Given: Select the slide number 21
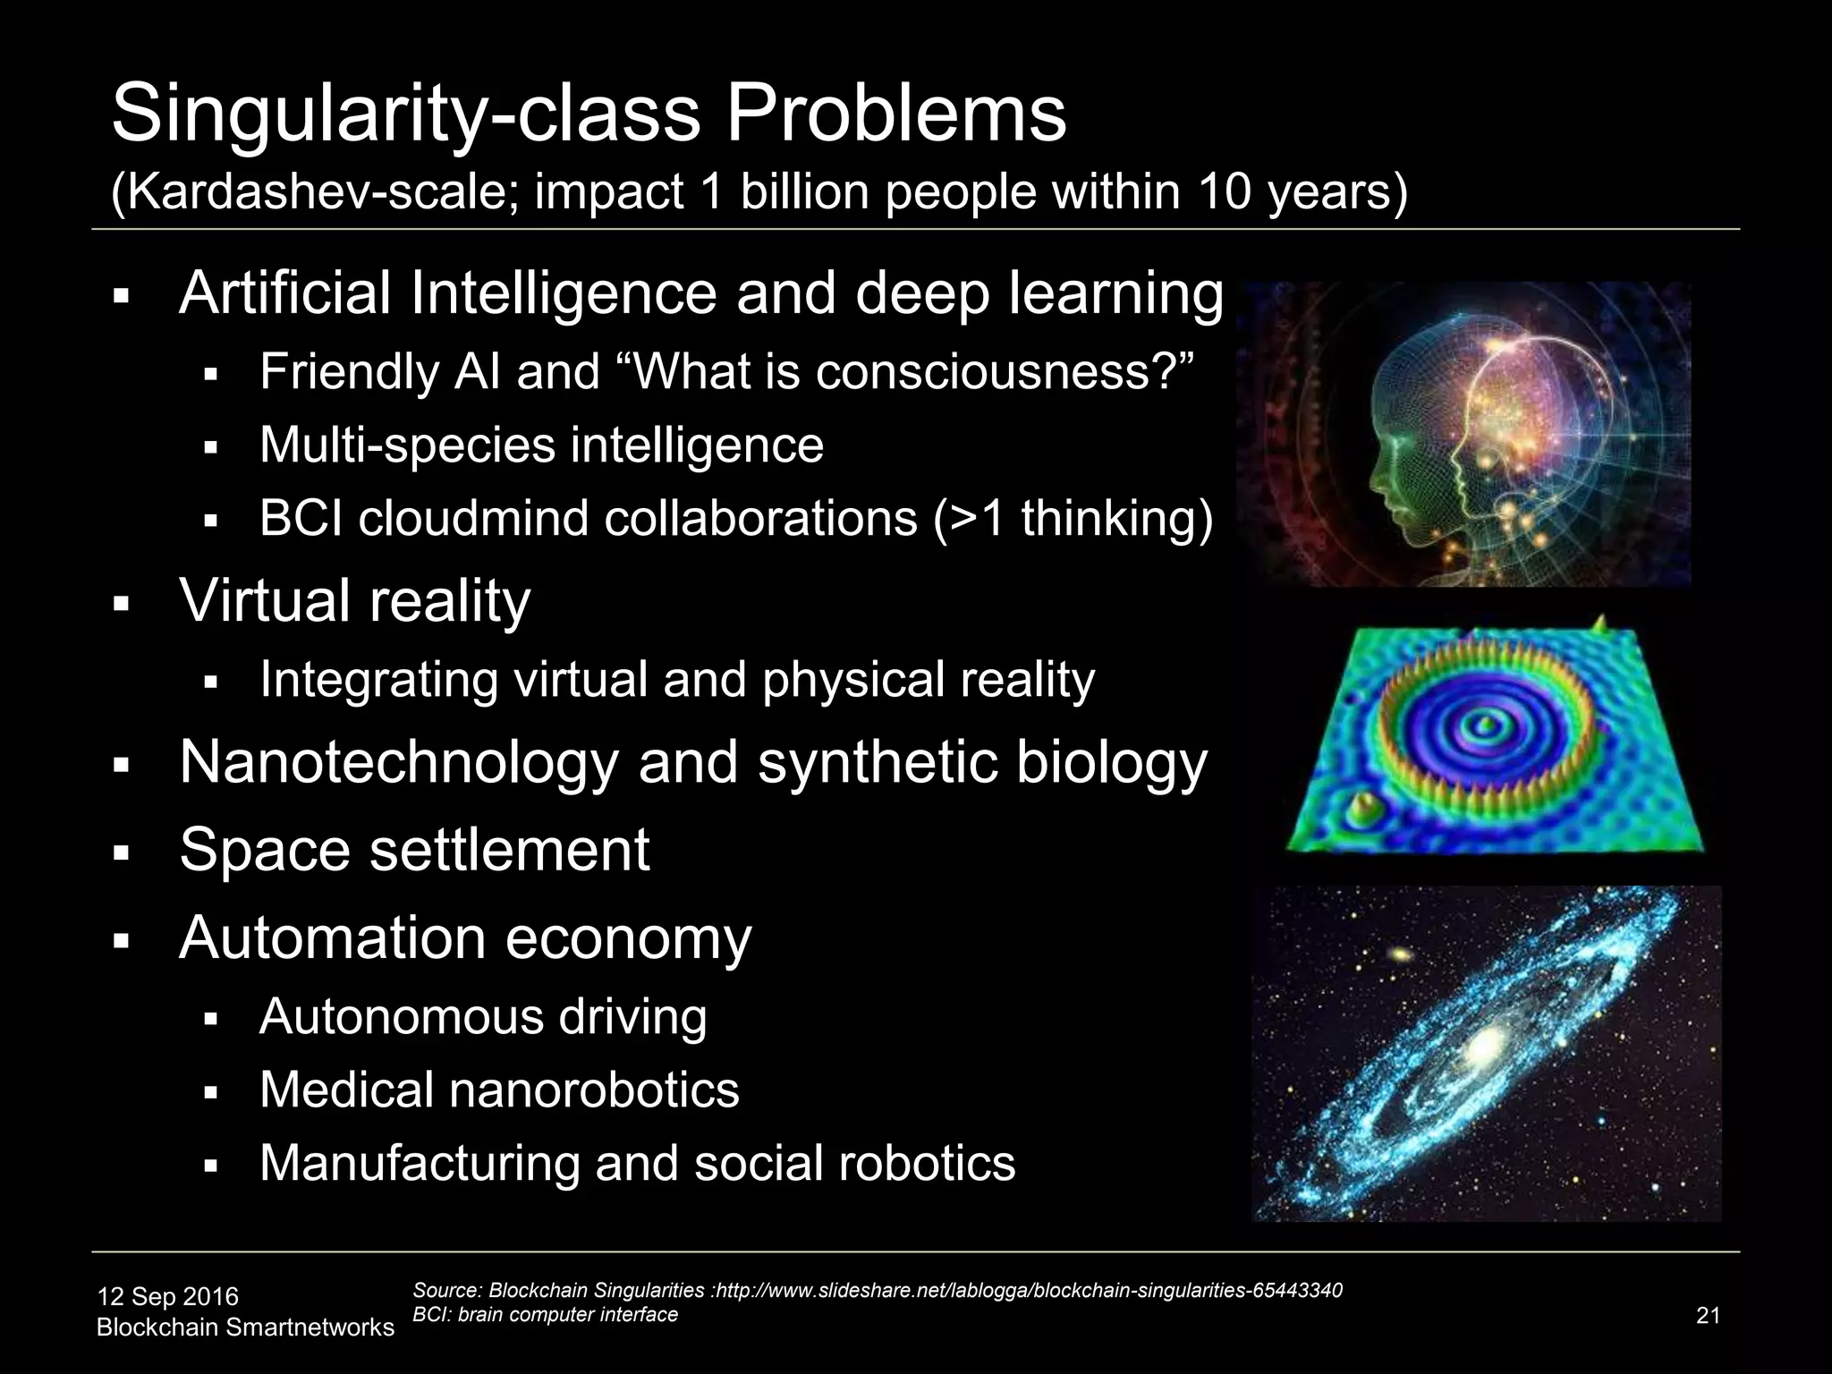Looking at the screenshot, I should coord(1708,1316).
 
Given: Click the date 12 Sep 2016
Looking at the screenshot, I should coord(167,1296).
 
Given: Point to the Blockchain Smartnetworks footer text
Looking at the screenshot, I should coord(245,1327).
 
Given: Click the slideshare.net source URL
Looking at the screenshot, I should coord(1029,1290).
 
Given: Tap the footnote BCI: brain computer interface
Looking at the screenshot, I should coord(545,1314).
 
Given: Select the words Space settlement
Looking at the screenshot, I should coord(414,849).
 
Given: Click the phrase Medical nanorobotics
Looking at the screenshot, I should coord(499,1090).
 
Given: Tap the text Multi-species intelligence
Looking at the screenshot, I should coord(541,445).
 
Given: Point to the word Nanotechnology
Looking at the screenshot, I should coord(399,762).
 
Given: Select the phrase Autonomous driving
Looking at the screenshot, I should coord(483,1016).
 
